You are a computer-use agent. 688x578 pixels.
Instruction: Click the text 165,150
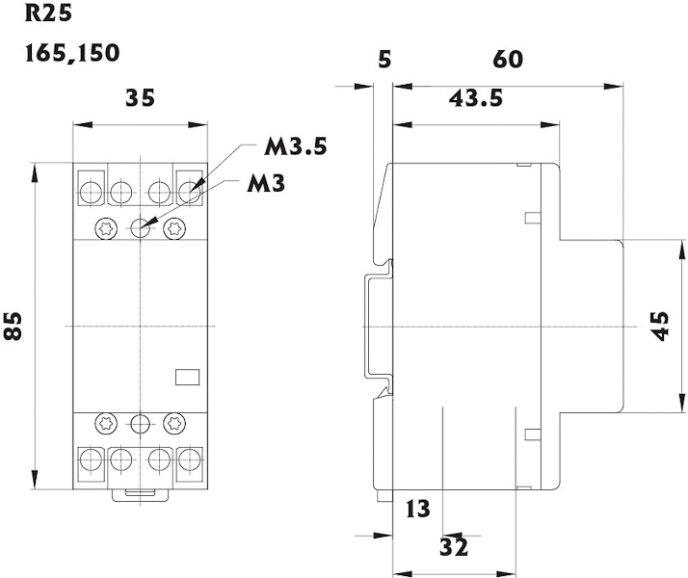pyautogui.click(x=72, y=52)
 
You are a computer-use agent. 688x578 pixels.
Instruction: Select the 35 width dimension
pyautogui.click(x=141, y=97)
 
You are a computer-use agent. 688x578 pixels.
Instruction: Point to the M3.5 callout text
pyautogui.click(x=297, y=147)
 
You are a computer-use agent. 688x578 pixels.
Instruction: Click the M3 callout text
pyautogui.click(x=265, y=182)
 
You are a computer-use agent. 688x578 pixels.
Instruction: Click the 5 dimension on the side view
pyautogui.click(x=384, y=60)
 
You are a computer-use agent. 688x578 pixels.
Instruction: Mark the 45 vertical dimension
pyautogui.click(x=660, y=327)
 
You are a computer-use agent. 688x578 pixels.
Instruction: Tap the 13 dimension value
pyautogui.click(x=418, y=508)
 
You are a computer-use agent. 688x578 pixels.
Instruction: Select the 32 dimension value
pyautogui.click(x=454, y=546)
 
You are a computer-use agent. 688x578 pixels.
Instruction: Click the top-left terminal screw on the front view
pyautogui.click(x=91, y=191)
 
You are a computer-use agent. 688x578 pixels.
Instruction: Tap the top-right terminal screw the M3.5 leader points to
pyautogui.click(x=190, y=191)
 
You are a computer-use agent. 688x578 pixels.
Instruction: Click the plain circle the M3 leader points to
pyautogui.click(x=141, y=228)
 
